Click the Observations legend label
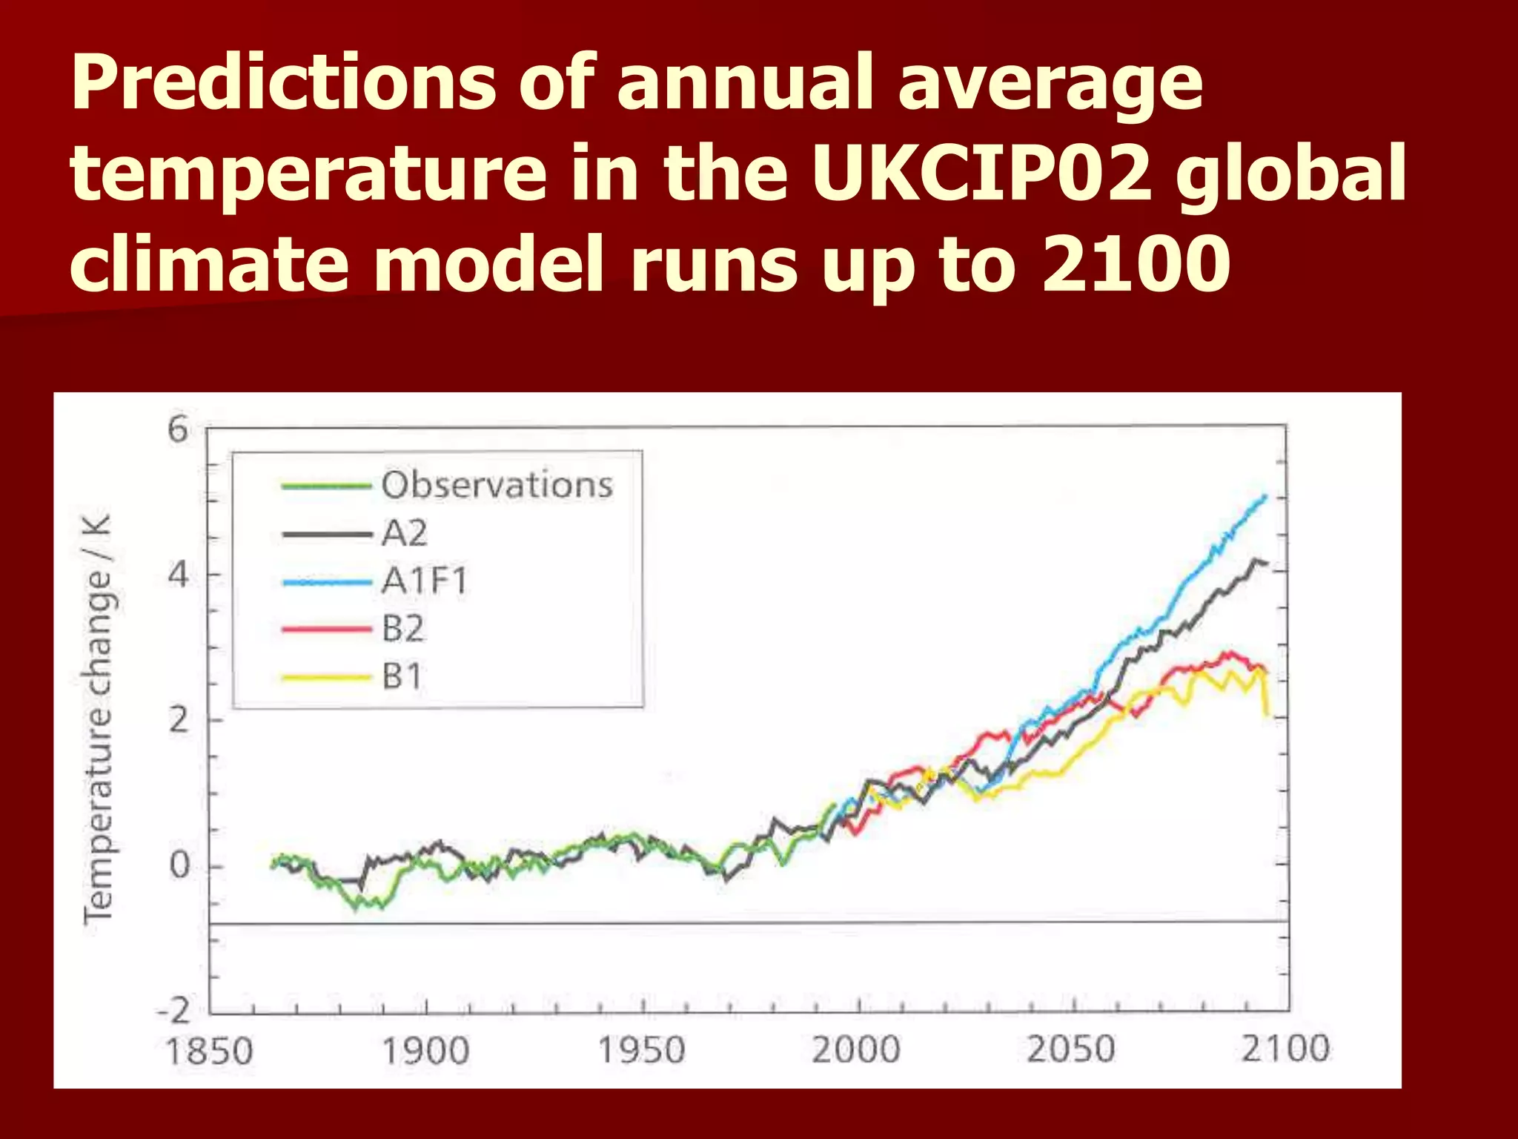[497, 485]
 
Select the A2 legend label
[405, 533]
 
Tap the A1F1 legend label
[425, 581]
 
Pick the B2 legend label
[403, 629]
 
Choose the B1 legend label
[402, 676]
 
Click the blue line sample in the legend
[327, 582]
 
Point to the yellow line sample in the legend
[326, 677]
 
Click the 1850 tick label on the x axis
[209, 1051]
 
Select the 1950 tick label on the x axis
[641, 1050]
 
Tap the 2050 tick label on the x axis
[1071, 1049]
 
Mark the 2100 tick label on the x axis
[1286, 1049]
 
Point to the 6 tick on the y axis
[179, 429]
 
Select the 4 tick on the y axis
[178, 575]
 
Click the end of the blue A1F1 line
[1265, 496]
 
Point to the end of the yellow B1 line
[1268, 714]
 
